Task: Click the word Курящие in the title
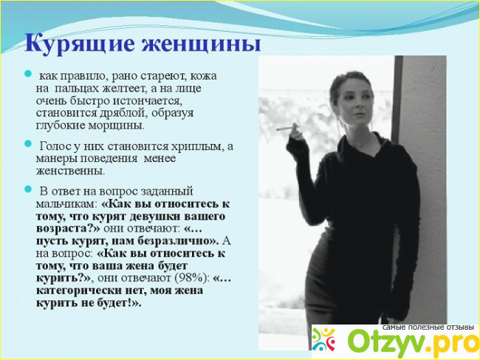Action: (80, 44)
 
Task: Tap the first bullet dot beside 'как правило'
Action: (28, 74)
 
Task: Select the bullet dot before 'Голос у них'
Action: (28, 143)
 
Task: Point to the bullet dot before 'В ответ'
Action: (28, 189)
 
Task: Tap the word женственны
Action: (70, 171)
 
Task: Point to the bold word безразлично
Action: (178, 242)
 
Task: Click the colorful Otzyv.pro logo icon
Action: (323, 339)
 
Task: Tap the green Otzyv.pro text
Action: (414, 342)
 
